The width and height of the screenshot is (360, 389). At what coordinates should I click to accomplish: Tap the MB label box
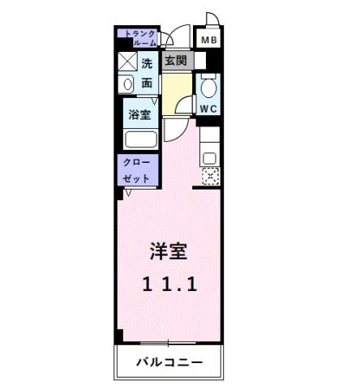209,40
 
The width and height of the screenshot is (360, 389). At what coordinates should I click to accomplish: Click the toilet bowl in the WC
209,86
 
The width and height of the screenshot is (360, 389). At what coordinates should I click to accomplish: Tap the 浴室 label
139,114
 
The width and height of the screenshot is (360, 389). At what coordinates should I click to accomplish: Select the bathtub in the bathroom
140,138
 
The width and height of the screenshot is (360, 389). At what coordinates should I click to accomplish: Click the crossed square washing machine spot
128,63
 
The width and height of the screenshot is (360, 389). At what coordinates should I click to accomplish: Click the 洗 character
147,63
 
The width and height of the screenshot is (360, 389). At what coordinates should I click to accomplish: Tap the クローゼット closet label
136,170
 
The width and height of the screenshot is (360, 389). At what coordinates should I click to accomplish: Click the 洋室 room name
168,251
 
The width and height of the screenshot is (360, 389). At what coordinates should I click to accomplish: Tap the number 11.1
169,284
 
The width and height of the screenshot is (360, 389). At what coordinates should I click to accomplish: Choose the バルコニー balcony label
169,361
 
